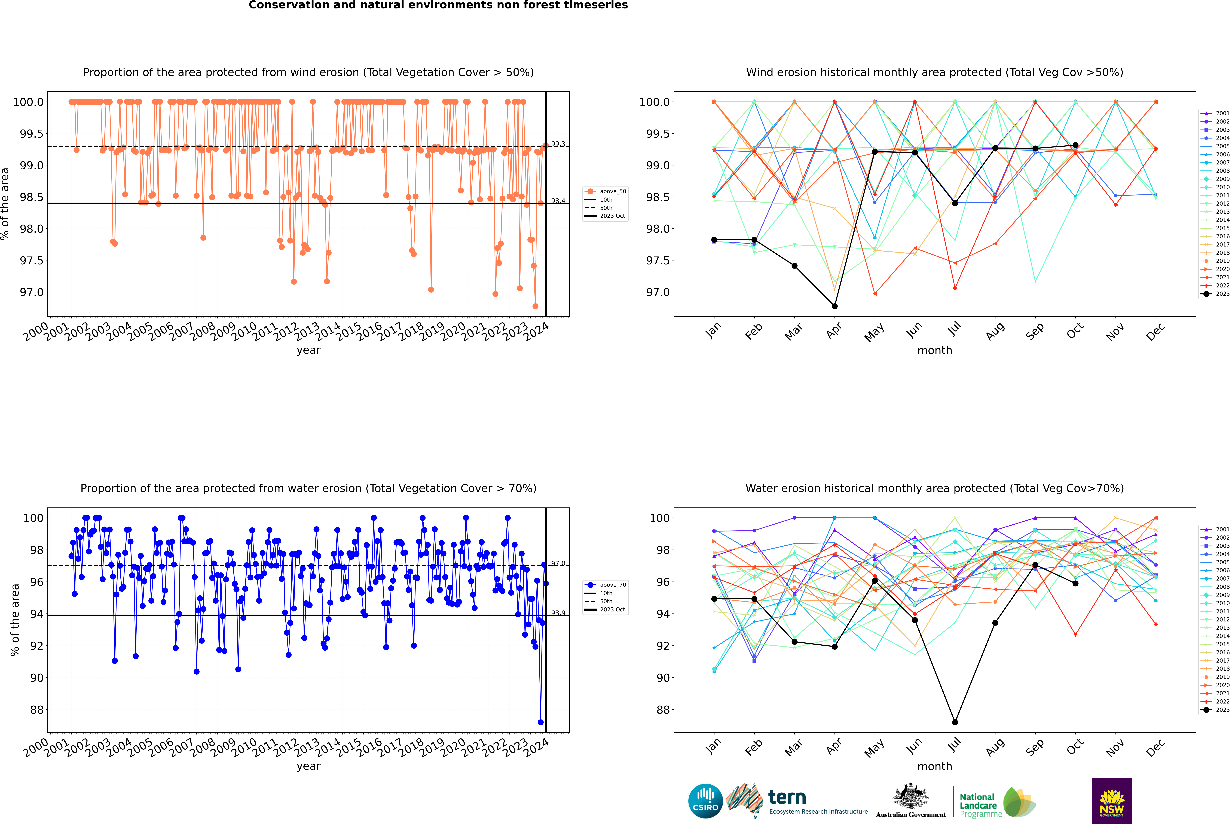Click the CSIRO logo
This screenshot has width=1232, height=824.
(705, 801)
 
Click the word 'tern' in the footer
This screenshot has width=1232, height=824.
(787, 798)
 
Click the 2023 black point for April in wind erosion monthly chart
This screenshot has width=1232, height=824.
(834, 306)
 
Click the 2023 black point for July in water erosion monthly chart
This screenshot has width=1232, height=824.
(955, 722)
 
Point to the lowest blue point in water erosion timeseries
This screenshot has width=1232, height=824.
(540, 722)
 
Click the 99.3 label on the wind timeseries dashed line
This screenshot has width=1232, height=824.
(558, 144)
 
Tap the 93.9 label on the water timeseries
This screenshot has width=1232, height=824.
(558, 613)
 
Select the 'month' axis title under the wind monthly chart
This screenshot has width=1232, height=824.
(934, 351)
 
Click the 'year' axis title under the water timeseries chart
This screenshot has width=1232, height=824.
(308, 766)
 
